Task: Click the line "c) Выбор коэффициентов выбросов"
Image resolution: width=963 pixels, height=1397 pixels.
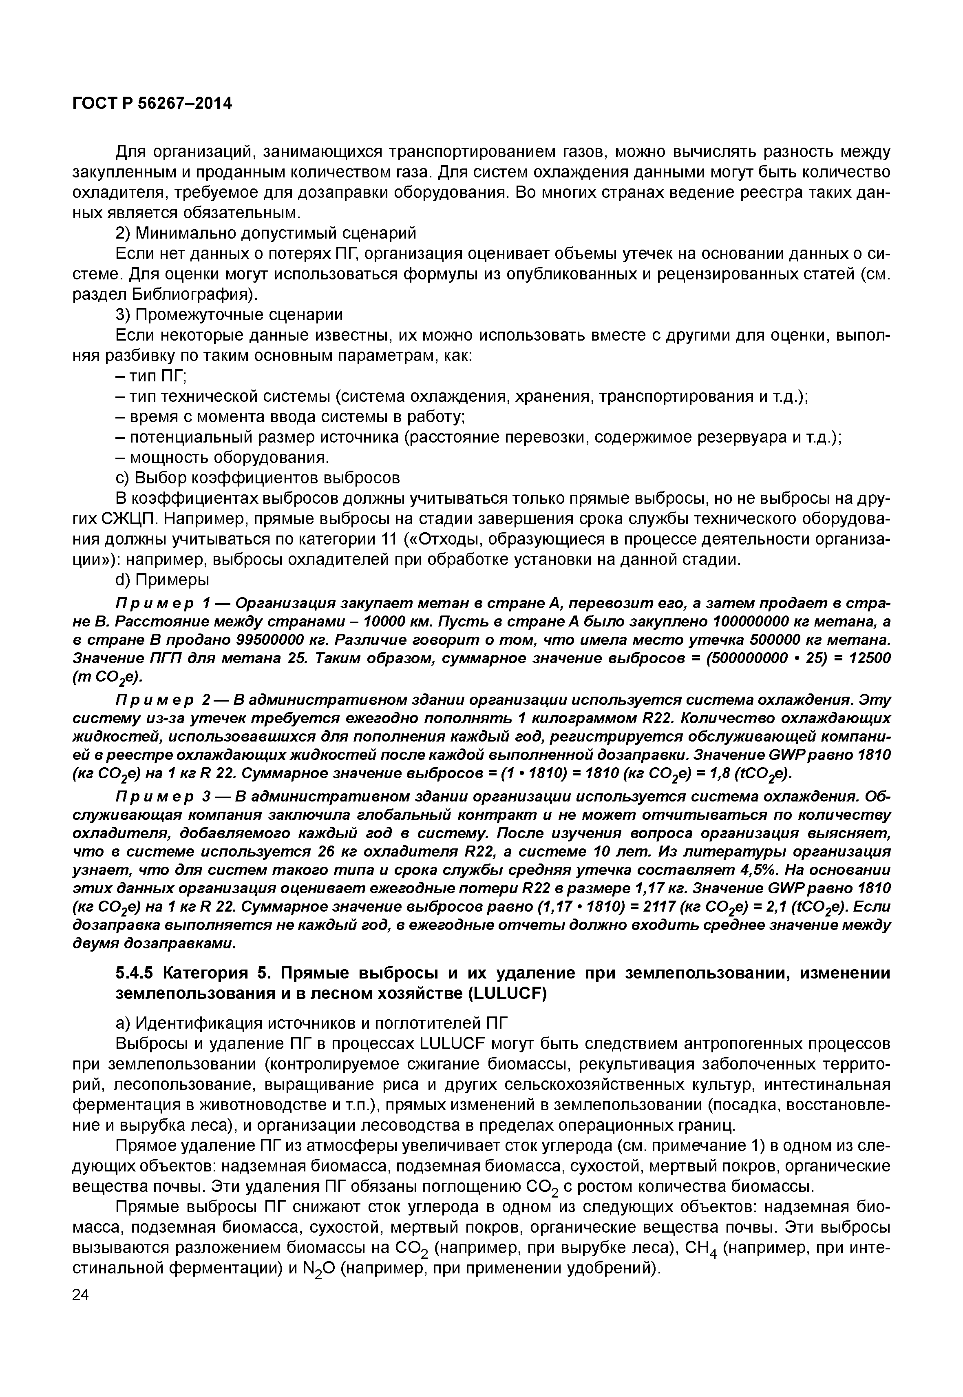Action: [258, 478]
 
